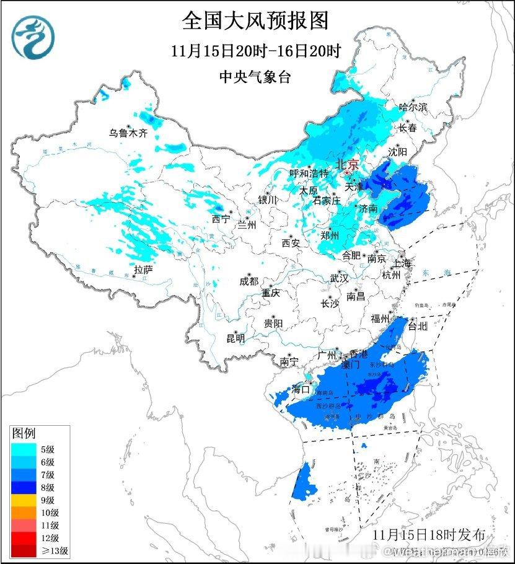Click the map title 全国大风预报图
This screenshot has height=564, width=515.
point(255,20)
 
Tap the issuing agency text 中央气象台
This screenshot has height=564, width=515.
point(255,77)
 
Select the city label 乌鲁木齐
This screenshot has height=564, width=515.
point(128,133)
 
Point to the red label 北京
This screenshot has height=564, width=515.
point(346,164)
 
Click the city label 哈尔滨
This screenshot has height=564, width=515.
point(413,107)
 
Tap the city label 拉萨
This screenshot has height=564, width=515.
point(143,269)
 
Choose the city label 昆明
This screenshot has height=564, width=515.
point(235,338)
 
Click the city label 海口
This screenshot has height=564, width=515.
point(301,390)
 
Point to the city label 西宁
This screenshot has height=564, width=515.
point(220,219)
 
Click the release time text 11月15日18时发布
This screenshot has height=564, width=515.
point(433,534)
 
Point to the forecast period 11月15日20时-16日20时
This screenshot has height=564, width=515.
point(256,51)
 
